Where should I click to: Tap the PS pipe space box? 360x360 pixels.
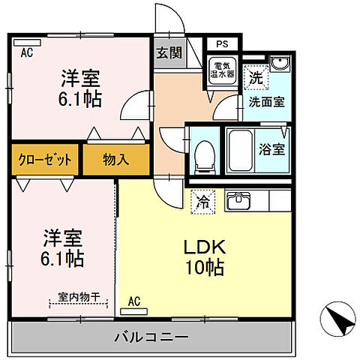(x=220, y=44)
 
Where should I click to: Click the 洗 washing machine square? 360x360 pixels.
(x=256, y=76)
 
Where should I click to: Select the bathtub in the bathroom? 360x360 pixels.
(x=242, y=149)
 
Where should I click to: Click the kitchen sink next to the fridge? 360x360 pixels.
(x=239, y=199)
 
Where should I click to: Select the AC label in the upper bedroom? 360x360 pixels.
(x=27, y=52)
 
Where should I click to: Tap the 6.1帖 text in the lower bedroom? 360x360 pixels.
(x=62, y=259)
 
